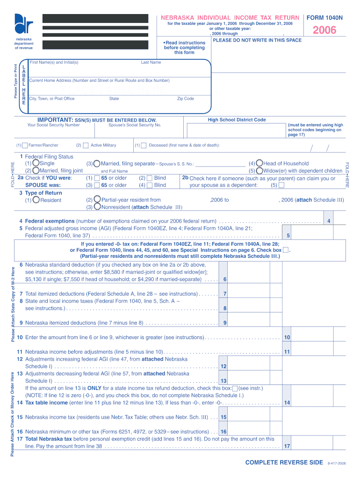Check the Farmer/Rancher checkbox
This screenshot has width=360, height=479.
coord(25,145)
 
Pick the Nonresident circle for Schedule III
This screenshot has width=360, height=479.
coord(97,207)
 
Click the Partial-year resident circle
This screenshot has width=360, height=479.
coord(97,200)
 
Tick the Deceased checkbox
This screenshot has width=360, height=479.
coord(144,145)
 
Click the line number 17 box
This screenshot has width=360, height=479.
coord(287,446)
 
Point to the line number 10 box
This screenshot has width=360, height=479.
coord(287,337)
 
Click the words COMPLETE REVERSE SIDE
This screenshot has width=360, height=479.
coord(284,462)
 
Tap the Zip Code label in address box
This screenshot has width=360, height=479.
coord(185,99)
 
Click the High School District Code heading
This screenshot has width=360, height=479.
coord(237,120)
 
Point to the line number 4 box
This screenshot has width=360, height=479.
coord(329,221)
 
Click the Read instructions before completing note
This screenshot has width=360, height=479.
coord(184,47)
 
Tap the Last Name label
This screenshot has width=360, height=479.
coord(151,62)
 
